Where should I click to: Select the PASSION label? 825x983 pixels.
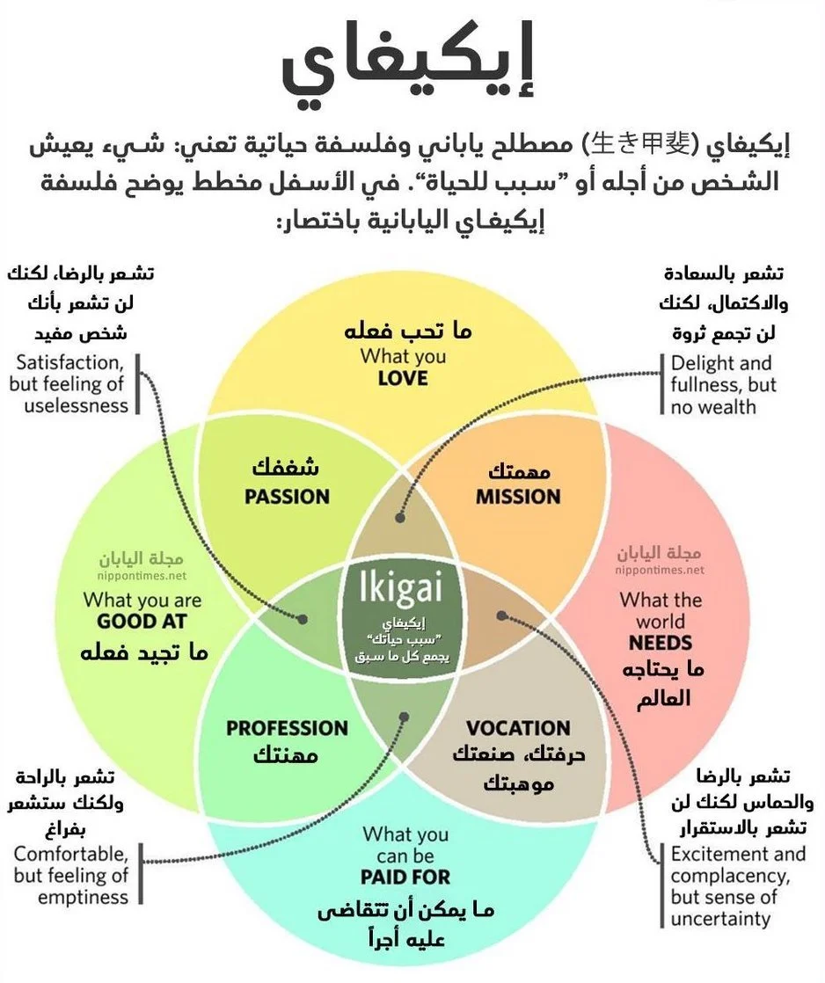pyautogui.click(x=287, y=496)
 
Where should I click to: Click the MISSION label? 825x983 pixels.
pyautogui.click(x=518, y=496)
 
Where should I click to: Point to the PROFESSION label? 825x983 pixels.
pyautogui.click(x=287, y=728)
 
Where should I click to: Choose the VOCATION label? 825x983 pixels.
pyautogui.click(x=518, y=728)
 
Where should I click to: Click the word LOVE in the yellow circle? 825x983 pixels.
pyautogui.click(x=403, y=378)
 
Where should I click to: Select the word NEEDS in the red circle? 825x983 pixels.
pyautogui.click(x=661, y=643)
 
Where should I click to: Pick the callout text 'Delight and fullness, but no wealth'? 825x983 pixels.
pyautogui.click(x=720, y=384)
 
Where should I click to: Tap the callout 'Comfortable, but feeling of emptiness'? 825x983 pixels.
pyautogui.click(x=70, y=874)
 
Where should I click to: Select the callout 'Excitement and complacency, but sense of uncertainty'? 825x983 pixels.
pyautogui.click(x=737, y=886)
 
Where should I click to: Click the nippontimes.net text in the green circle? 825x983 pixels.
pyautogui.click(x=142, y=577)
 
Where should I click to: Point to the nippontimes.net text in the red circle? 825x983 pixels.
pyautogui.click(x=660, y=570)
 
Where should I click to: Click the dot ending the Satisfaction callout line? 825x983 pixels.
pyautogui.click(x=303, y=619)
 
